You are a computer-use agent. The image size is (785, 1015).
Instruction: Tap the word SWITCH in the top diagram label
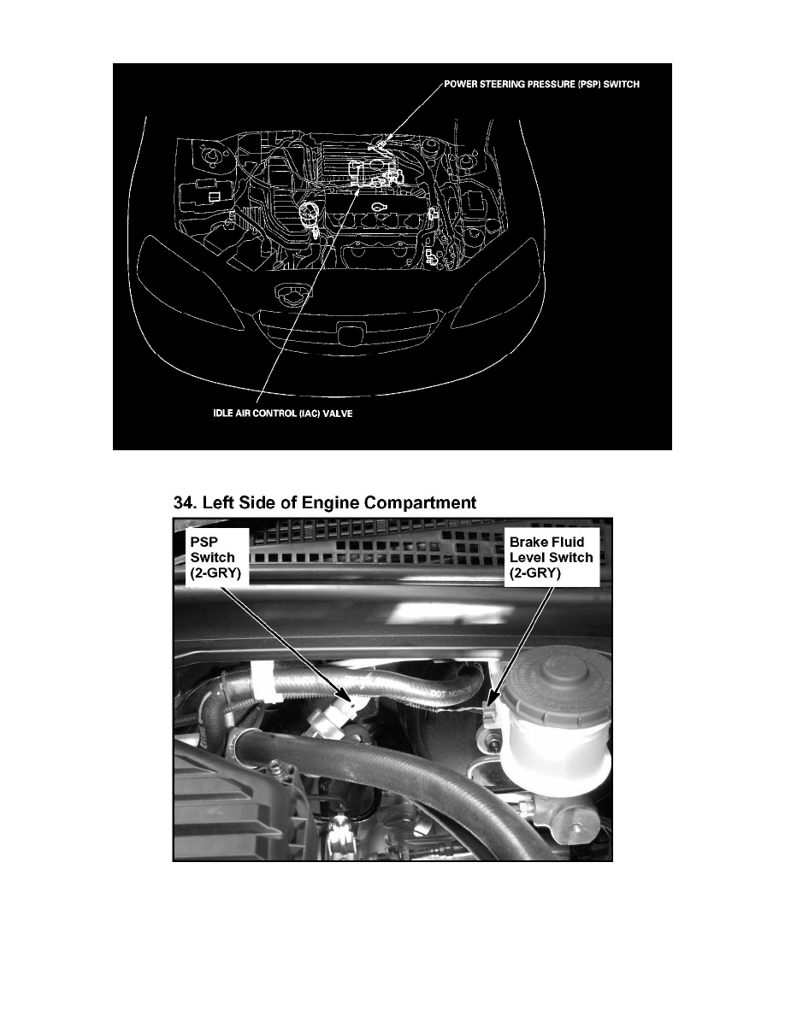pos(620,85)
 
